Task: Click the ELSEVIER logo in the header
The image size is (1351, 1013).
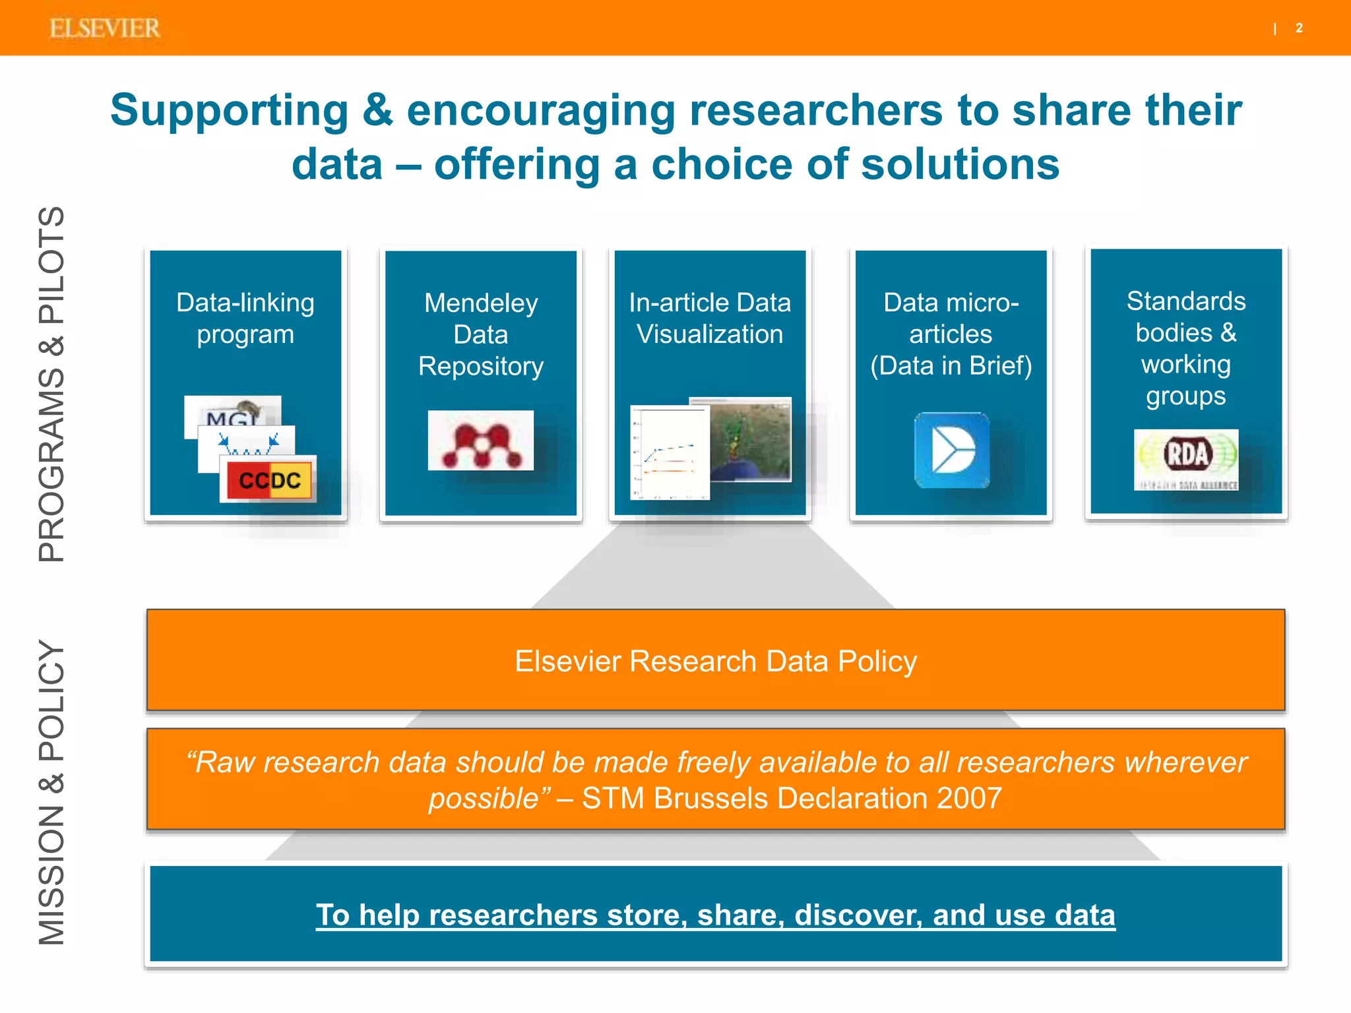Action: pyautogui.click(x=105, y=28)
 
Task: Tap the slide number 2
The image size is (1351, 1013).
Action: pyautogui.click(x=1299, y=28)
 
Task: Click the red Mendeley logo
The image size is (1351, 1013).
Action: pyautogui.click(x=480, y=441)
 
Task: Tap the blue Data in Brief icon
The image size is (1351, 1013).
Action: pyautogui.click(x=951, y=450)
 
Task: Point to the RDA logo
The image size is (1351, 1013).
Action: pyautogui.click(x=1186, y=459)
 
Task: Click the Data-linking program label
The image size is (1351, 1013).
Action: pyautogui.click(x=245, y=319)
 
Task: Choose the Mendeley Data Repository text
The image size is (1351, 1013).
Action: pyautogui.click(x=481, y=334)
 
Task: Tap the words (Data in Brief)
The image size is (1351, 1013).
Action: pyautogui.click(x=951, y=366)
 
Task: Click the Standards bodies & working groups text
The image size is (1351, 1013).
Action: pyautogui.click(x=1186, y=348)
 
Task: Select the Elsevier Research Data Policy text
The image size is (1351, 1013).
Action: pyautogui.click(x=716, y=661)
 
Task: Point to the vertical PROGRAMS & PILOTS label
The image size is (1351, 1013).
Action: pyautogui.click(x=51, y=384)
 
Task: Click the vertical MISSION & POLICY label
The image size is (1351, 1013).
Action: pyautogui.click(x=51, y=791)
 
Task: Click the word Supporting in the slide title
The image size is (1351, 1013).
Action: pyautogui.click(x=229, y=110)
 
